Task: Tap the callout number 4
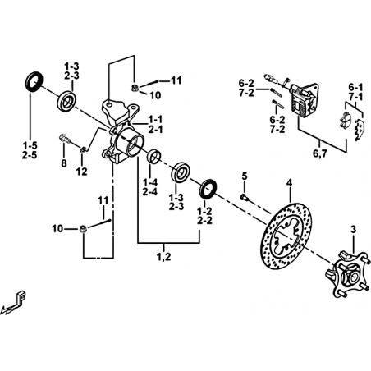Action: [289, 183]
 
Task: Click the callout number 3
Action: [354, 230]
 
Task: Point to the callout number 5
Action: [245, 176]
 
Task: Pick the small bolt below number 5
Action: [244, 197]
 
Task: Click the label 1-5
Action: [30, 146]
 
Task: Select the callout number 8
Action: [64, 163]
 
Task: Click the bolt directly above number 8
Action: [65, 138]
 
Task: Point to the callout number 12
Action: [82, 172]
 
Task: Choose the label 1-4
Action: [150, 182]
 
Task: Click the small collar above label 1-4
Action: [154, 156]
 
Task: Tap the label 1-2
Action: [205, 211]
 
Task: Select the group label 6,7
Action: [320, 153]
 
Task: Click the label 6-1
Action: [355, 88]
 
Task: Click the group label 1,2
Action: [163, 257]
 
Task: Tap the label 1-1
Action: [155, 120]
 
